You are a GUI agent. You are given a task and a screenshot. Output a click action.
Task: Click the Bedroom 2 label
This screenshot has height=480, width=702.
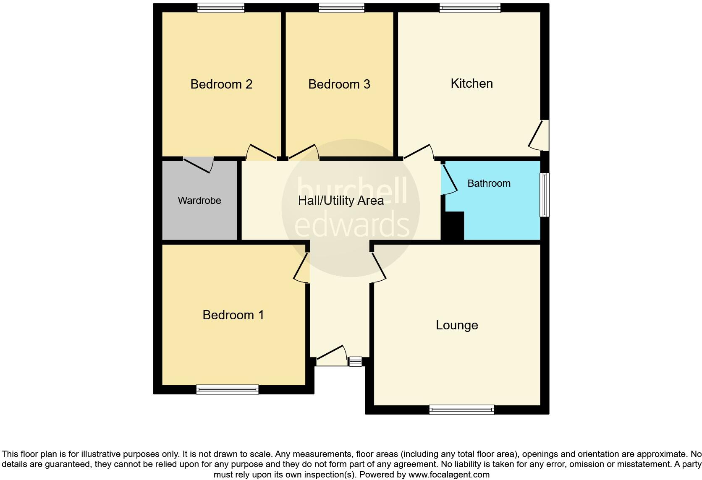pyautogui.click(x=221, y=84)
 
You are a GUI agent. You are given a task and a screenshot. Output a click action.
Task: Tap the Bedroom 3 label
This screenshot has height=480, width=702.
pyautogui.click(x=339, y=84)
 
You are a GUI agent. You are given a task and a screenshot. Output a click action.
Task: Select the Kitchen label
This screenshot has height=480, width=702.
pyautogui.click(x=471, y=83)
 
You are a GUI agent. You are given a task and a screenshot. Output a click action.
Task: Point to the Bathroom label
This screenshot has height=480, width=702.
pyautogui.click(x=489, y=183)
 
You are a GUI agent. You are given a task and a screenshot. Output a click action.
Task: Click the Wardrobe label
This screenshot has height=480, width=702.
pyautogui.click(x=199, y=201)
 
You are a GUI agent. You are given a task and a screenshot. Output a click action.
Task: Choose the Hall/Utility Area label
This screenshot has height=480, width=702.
pyautogui.click(x=341, y=201)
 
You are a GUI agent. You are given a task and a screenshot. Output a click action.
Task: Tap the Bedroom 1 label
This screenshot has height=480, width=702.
pyautogui.click(x=233, y=315)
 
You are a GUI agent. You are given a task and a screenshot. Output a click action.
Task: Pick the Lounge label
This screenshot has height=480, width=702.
pyautogui.click(x=457, y=325)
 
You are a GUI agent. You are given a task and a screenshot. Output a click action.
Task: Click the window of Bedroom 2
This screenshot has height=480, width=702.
pyautogui.click(x=221, y=8)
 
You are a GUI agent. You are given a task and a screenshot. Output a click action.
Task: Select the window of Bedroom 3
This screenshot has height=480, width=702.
pyautogui.click(x=341, y=8)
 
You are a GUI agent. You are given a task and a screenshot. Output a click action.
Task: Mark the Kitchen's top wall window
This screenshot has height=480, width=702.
pyautogui.click(x=470, y=8)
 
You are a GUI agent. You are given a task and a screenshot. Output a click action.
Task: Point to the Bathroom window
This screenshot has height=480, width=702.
pyautogui.click(x=544, y=195)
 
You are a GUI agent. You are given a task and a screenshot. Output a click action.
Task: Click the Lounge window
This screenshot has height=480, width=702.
pyautogui.click(x=461, y=410)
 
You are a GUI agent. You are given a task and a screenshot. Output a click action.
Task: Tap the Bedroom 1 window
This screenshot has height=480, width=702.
pyautogui.click(x=227, y=389)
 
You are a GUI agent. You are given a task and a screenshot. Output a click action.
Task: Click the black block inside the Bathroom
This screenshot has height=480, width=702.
pyautogui.click(x=454, y=226)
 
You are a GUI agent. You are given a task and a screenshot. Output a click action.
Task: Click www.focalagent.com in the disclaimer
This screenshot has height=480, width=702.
pyautogui.click(x=448, y=475)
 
